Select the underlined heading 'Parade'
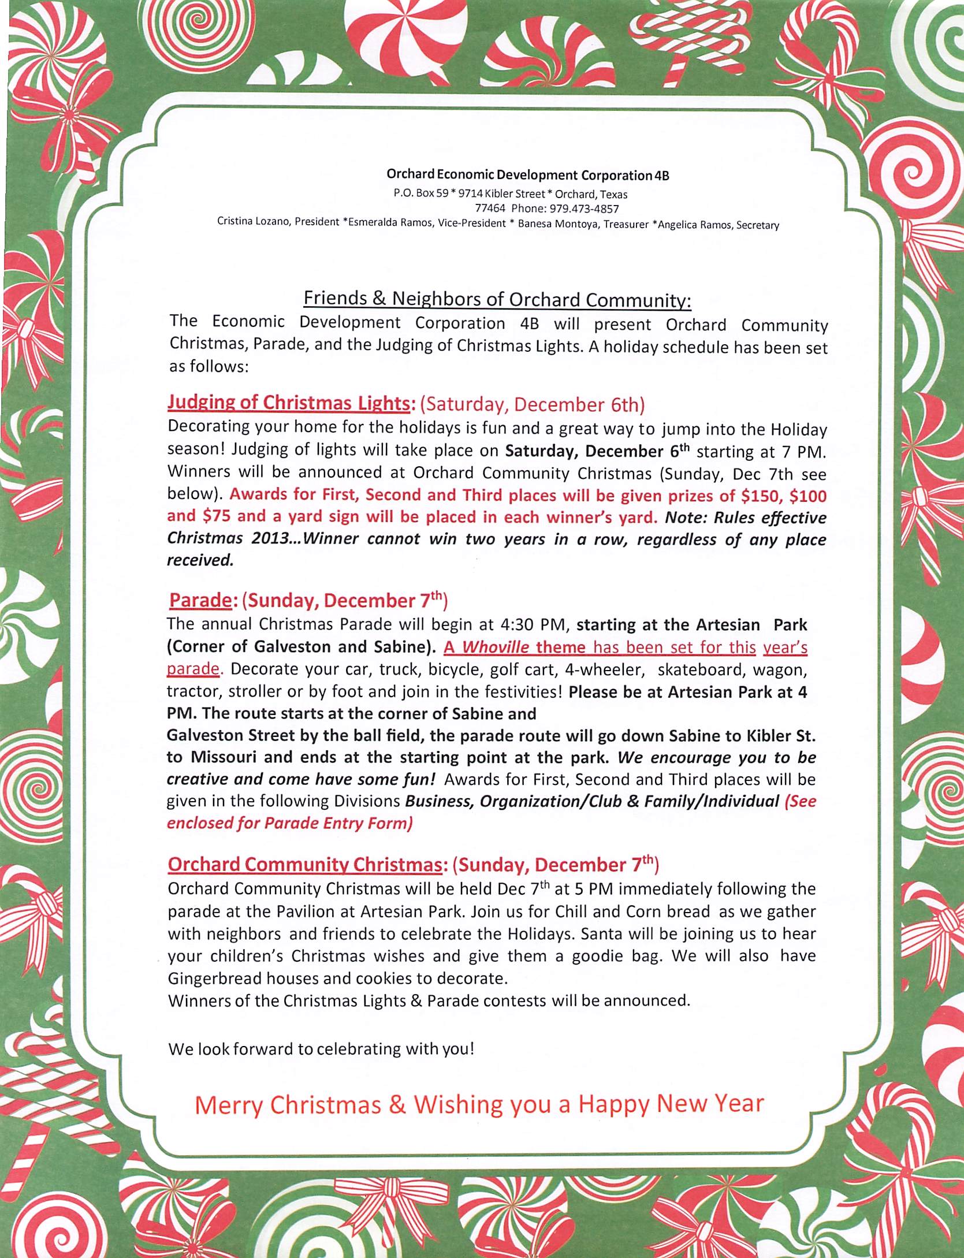199,601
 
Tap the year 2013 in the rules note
271,539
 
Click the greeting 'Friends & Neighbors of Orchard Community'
497,299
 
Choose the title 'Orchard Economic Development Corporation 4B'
527,175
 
